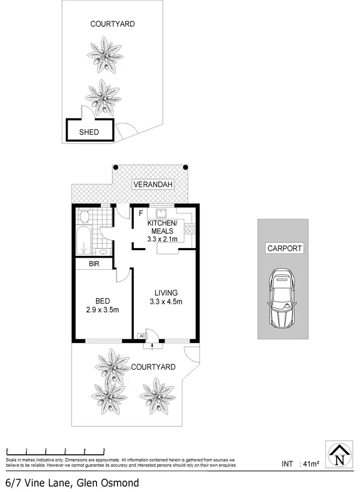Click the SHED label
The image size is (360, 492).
pyautogui.click(x=89, y=132)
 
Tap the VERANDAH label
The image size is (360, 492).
pyautogui.click(x=153, y=184)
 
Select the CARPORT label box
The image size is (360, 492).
pyautogui.click(x=284, y=248)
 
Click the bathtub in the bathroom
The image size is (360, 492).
pyautogui.click(x=84, y=239)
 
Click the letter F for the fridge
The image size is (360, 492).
pyautogui.click(x=141, y=213)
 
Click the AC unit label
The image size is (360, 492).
pyautogui.click(x=142, y=336)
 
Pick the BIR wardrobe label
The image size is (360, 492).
pyautogui.click(x=94, y=264)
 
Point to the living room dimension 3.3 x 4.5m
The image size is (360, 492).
pyautogui.click(x=166, y=301)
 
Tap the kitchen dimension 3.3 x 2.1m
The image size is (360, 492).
pyautogui.click(x=162, y=239)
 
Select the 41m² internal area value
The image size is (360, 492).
pyautogui.click(x=309, y=464)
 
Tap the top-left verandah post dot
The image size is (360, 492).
pyautogui.click(x=115, y=167)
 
